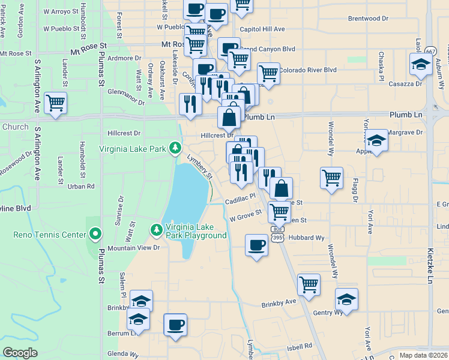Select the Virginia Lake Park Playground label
pyautogui.click(x=197, y=231)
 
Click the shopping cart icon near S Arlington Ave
pyautogui.click(x=55, y=103)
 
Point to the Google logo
pyautogui.click(x=20, y=353)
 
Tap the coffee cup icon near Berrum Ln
pyautogui.click(x=175, y=325)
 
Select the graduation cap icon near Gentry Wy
pyautogui.click(x=346, y=299)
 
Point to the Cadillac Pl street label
pyautogui.click(x=240, y=196)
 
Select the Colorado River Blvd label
pyautogui.click(x=307, y=70)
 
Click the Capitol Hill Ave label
pyautogui.click(x=262, y=29)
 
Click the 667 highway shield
pyautogui.click(x=430, y=52)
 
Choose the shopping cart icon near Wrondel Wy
pyautogui.click(x=331, y=178)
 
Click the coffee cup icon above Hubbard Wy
pyautogui.click(x=257, y=245)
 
